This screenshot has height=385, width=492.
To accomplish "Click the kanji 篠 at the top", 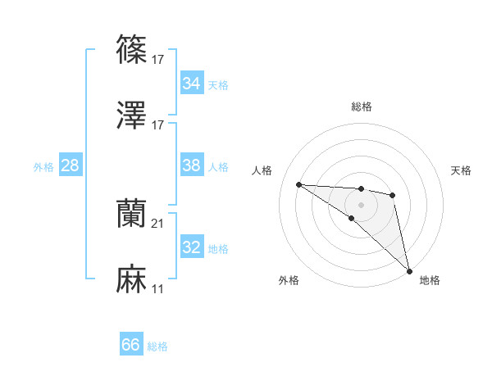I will (132, 50).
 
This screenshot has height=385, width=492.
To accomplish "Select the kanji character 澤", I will (132, 116).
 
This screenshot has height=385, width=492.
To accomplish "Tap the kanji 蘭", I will (132, 215).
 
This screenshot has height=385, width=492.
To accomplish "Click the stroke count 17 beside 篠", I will (159, 59).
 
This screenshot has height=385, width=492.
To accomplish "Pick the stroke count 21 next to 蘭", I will (159, 224).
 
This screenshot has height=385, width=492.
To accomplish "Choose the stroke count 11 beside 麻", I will (159, 290).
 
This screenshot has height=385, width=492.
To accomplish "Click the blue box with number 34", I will (191, 84).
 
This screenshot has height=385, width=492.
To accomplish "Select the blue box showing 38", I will (191, 165).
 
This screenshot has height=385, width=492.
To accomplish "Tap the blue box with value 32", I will (191, 247).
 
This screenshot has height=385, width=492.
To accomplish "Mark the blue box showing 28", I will (70, 165).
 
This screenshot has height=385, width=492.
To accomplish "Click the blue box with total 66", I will (131, 346).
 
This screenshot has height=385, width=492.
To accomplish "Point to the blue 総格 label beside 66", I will (157, 346).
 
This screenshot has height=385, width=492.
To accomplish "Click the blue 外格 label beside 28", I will (43, 166).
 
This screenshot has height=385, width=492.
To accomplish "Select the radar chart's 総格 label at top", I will (362, 106).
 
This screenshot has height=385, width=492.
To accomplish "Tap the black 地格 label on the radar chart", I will (430, 280).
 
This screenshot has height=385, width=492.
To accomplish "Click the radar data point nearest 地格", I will (408, 270).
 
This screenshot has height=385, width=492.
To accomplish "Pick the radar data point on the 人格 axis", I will (299, 184).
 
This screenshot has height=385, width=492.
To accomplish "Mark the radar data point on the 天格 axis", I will (393, 195).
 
